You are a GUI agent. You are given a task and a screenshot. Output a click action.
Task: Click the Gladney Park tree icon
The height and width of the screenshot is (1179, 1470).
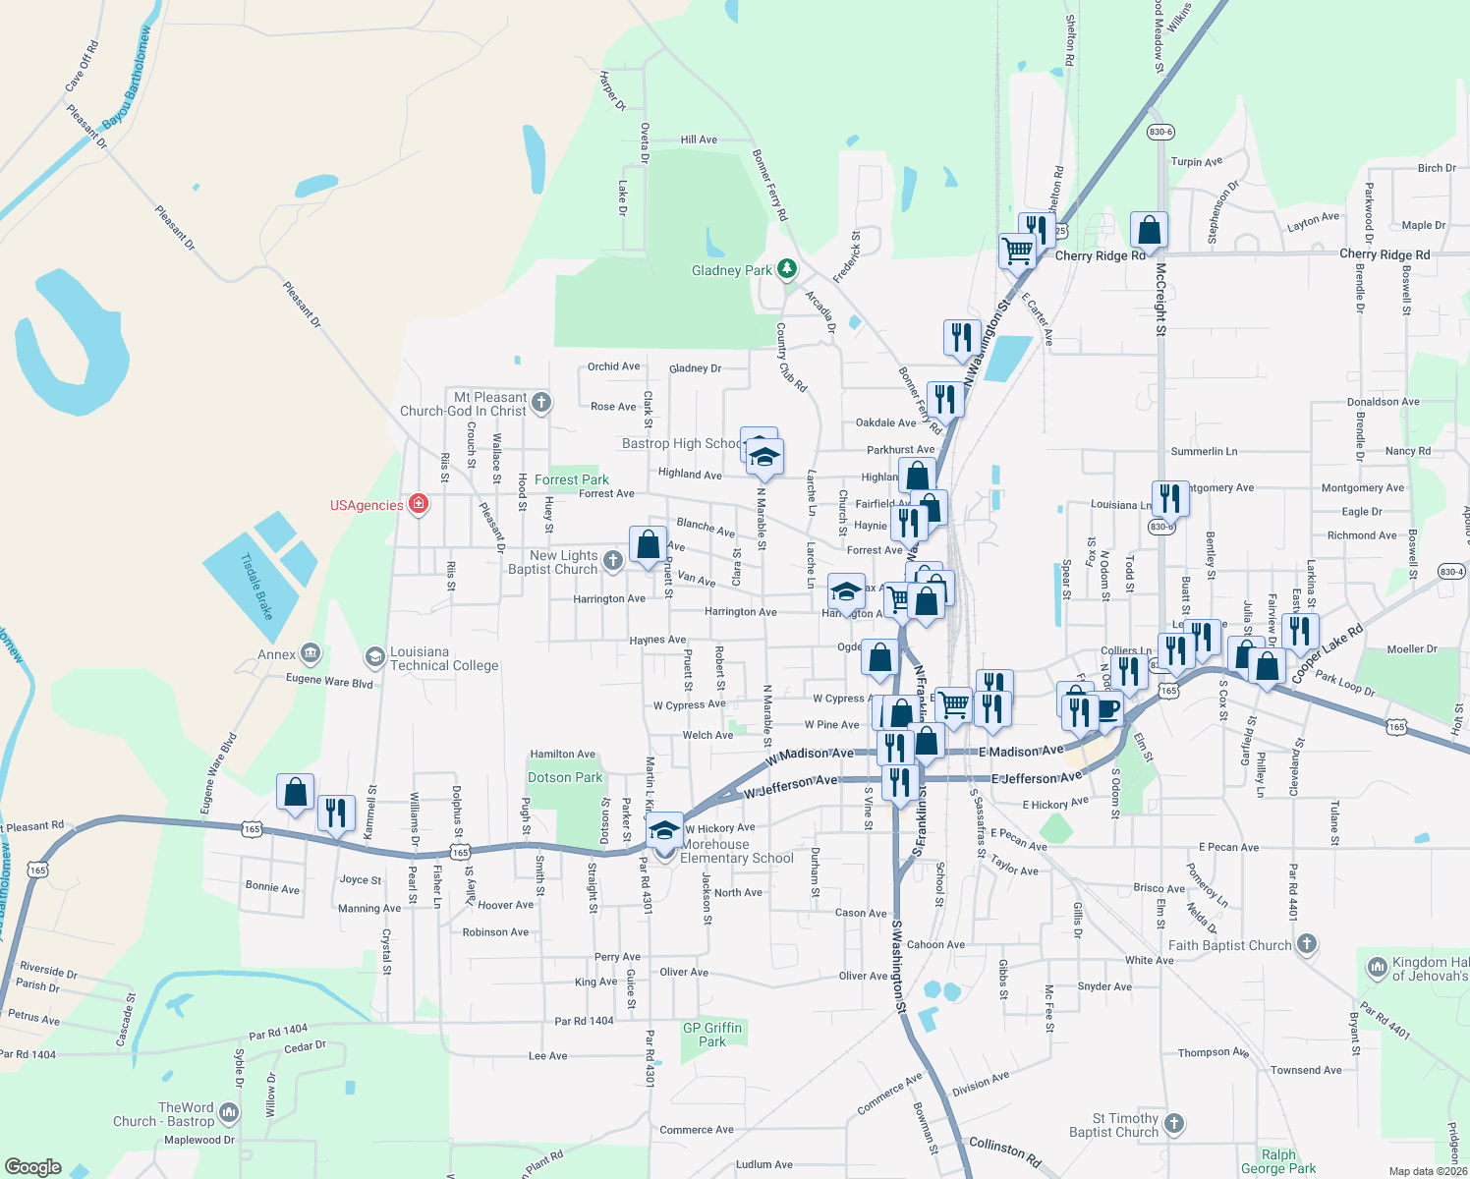786,268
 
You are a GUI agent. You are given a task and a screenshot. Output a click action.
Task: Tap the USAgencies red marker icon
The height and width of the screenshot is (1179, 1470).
419,505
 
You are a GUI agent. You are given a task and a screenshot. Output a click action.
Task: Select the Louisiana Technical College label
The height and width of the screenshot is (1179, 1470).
444,658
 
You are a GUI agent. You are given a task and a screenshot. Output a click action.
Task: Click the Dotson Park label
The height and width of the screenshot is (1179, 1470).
565,777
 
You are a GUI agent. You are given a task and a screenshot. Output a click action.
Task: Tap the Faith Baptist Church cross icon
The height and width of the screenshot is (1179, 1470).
1306,944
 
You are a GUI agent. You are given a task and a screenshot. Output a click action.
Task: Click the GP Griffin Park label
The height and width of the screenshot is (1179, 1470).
712,1035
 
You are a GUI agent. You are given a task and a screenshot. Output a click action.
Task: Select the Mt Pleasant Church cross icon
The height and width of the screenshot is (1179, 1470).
540,402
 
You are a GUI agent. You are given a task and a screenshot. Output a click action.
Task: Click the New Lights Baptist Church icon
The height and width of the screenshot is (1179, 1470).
612,561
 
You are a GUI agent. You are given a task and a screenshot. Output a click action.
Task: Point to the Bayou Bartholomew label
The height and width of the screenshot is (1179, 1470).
128,77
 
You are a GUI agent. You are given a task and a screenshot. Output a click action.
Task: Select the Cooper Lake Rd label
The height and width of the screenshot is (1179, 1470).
1327,653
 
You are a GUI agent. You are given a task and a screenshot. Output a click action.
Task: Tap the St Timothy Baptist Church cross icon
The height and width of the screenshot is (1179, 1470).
1174,1123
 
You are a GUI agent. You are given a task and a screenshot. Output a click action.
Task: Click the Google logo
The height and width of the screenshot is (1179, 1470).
33,1167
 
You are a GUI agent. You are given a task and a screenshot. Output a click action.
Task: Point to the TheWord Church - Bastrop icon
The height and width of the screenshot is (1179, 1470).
229,1112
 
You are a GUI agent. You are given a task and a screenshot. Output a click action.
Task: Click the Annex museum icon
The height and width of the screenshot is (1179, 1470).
311,653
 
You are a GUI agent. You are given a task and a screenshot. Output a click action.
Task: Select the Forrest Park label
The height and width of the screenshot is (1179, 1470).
571,479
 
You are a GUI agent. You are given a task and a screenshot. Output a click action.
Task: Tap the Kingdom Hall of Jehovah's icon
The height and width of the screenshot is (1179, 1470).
1377,968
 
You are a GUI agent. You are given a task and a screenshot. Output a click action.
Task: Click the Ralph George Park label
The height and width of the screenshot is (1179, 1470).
1277,1161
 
